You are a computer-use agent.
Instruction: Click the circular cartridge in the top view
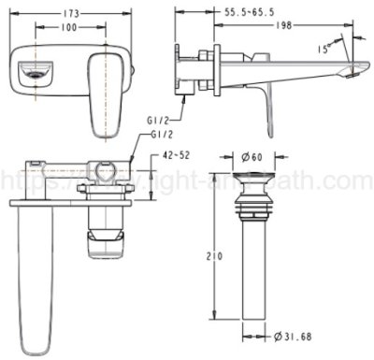(105, 170)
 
